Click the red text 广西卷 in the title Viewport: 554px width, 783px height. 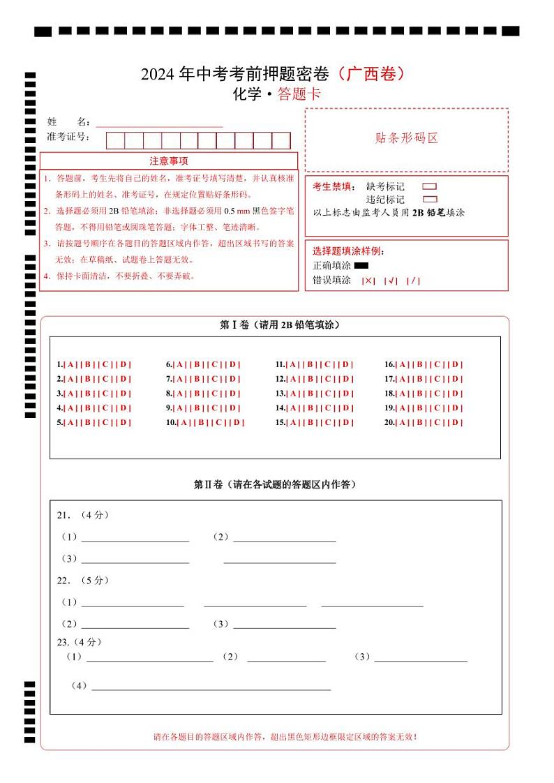(x=370, y=73)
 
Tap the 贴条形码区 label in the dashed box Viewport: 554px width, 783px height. (x=407, y=138)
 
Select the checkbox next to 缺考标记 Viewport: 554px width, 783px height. (x=430, y=186)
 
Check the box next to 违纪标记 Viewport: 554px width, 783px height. (x=430, y=200)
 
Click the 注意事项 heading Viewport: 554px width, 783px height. (x=168, y=161)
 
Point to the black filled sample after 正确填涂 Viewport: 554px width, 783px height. (x=361, y=265)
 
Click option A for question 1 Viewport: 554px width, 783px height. (x=70, y=364)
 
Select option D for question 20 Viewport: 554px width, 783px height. (x=456, y=422)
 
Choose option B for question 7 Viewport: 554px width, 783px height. (x=197, y=379)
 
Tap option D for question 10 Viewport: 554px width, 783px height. (x=238, y=422)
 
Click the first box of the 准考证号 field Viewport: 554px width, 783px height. (x=115, y=140)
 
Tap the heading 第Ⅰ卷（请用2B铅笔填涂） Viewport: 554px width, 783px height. (x=280, y=325)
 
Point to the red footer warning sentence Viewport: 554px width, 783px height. (x=285, y=736)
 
